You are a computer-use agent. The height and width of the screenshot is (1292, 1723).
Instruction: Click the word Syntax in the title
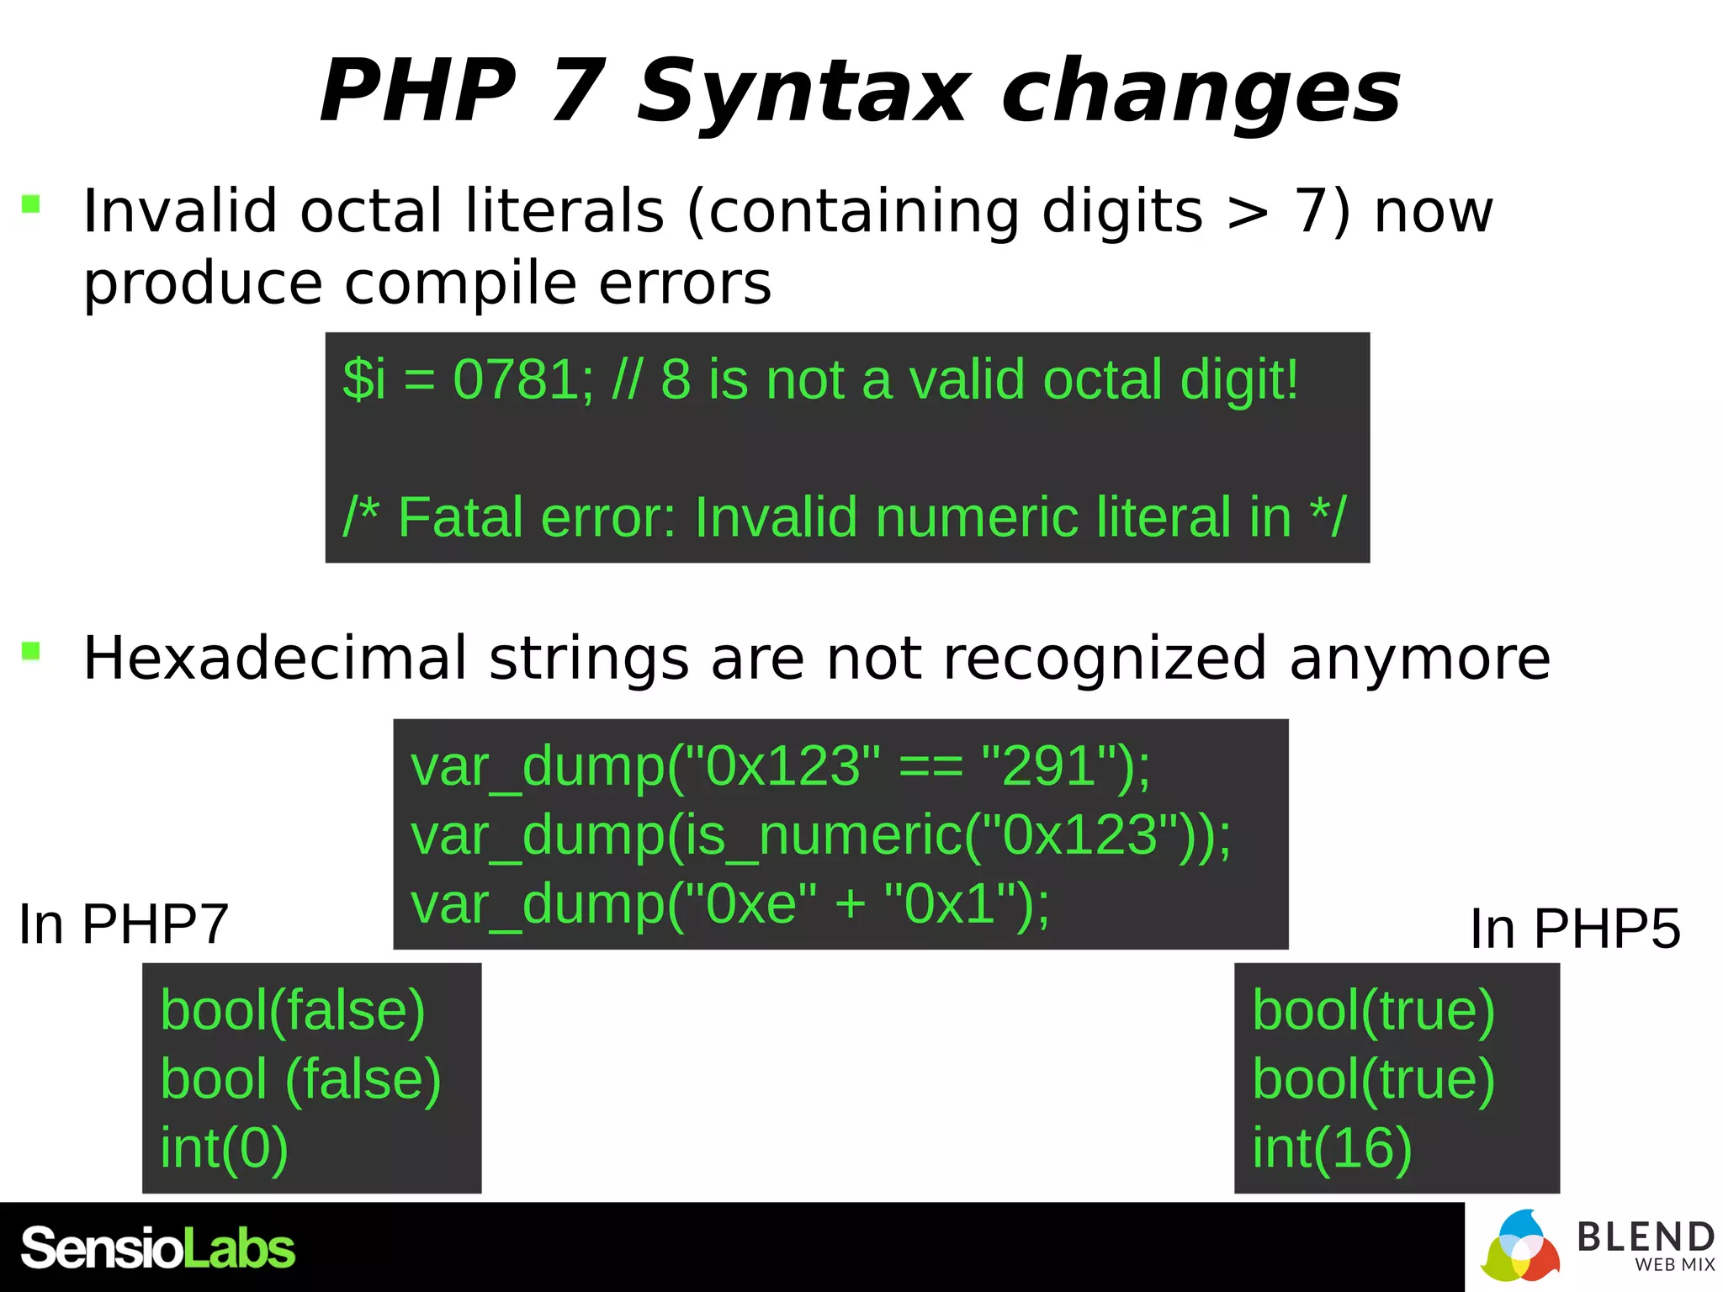coord(803,91)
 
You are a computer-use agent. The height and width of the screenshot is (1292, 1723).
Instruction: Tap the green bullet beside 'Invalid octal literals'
coord(31,204)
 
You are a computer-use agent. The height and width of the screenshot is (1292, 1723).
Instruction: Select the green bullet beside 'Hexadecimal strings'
coord(31,651)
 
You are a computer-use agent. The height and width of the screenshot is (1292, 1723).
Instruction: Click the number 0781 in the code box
coord(514,379)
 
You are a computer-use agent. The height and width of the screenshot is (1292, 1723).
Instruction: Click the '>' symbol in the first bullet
coord(1248,212)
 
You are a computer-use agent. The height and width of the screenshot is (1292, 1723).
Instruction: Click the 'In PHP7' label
coord(124,924)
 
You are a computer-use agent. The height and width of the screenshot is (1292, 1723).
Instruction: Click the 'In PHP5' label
coord(1575,929)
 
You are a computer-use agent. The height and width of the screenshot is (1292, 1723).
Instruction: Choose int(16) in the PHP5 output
coord(1332,1148)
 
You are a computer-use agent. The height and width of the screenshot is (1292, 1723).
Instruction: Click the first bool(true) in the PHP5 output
coord(1373,1010)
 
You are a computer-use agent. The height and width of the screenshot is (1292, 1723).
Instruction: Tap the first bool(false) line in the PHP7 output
coord(293,1010)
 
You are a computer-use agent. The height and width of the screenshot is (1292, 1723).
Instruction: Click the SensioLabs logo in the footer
coord(158,1248)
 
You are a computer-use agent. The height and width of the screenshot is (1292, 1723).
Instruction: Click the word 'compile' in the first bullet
coord(461,283)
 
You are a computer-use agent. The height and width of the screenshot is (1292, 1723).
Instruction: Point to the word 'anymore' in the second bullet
coord(1420,658)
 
